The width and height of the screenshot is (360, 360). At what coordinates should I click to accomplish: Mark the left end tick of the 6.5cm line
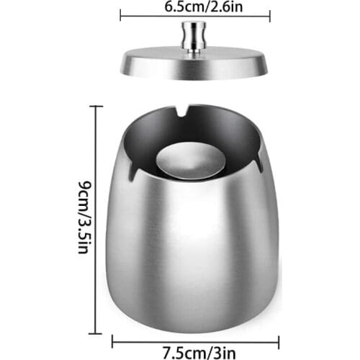point(120,15)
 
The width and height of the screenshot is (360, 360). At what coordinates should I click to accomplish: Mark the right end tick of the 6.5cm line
point(270,15)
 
